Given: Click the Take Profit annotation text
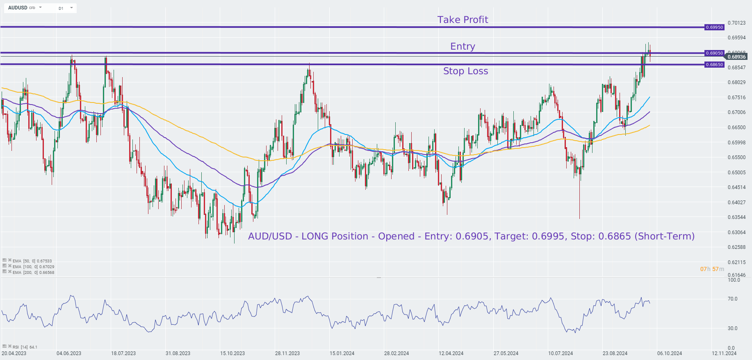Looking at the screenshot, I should (463, 20).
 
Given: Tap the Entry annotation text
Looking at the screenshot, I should (463, 46).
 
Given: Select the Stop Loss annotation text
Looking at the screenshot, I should (465, 71).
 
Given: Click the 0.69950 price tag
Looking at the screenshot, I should (714, 27).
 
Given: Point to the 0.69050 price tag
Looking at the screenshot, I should (714, 53).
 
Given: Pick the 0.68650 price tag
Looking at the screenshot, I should (714, 65).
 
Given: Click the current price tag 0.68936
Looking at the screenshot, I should (736, 57).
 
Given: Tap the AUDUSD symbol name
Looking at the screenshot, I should (18, 8).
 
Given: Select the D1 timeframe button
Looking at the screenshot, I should (61, 8).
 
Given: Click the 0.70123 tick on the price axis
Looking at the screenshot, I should (736, 23).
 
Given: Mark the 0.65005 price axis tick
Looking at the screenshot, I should (736, 173).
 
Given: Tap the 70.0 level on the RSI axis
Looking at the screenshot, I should (732, 299).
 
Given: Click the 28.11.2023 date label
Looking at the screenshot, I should (287, 353).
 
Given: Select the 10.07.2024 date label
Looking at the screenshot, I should (561, 353).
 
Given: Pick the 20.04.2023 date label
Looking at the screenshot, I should (14, 353).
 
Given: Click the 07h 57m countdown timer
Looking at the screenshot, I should (712, 269).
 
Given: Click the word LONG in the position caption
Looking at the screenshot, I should (314, 236).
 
